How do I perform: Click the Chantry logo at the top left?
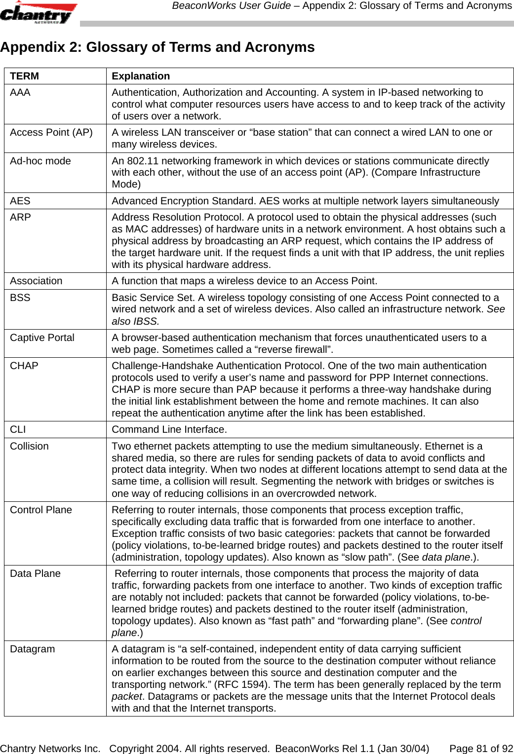(x=38, y=13)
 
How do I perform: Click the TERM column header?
(x=24, y=76)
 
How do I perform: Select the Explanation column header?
(x=141, y=76)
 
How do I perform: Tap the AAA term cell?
(x=20, y=92)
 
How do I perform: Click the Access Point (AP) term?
(x=51, y=132)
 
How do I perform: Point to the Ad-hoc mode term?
(x=40, y=161)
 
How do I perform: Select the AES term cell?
(x=20, y=201)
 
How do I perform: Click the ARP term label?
(x=21, y=217)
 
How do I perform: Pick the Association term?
(x=37, y=281)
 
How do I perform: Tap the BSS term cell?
(x=20, y=298)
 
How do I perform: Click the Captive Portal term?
(x=42, y=338)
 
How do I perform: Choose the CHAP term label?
(x=24, y=366)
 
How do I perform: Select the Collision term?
(x=30, y=446)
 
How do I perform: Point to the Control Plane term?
(x=41, y=510)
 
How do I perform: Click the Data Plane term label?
(x=36, y=573)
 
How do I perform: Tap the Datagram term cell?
(x=33, y=649)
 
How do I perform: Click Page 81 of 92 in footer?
(x=481, y=749)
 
